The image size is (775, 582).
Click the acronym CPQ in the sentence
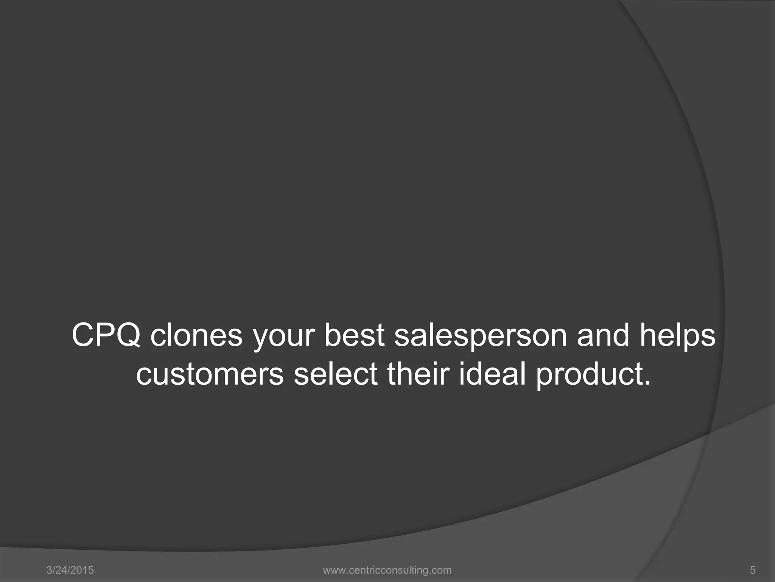pyautogui.click(x=106, y=335)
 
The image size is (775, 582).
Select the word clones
pyautogui.click(x=196, y=335)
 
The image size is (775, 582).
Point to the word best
pyautogui.click(x=354, y=335)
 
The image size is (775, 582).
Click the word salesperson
pyautogui.click(x=481, y=336)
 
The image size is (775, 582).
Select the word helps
pyautogui.click(x=678, y=336)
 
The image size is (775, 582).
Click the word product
pyautogui.click(x=588, y=374)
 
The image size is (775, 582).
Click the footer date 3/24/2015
pyautogui.click(x=70, y=570)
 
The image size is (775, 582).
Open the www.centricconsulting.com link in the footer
pyautogui.click(x=387, y=570)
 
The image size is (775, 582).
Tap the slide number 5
pyautogui.click(x=753, y=570)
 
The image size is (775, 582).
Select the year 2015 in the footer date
pyautogui.click(x=83, y=570)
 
